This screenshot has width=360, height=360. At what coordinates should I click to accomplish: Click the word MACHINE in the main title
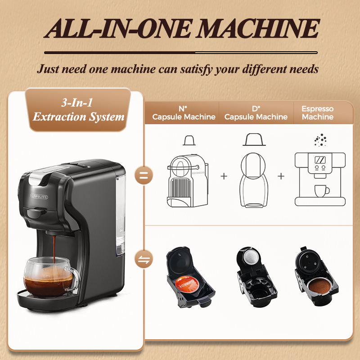click(x=257, y=28)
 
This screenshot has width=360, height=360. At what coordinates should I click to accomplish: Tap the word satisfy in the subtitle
click(x=196, y=69)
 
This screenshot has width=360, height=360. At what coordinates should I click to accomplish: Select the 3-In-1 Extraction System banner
click(x=78, y=110)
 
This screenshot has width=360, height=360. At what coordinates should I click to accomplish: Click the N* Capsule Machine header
click(x=184, y=113)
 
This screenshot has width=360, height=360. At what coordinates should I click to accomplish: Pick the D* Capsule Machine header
click(x=256, y=113)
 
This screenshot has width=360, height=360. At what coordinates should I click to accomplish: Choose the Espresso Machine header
click(x=318, y=113)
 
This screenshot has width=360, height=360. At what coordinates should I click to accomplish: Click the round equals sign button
click(x=144, y=175)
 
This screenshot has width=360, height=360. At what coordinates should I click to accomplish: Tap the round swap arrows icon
click(x=144, y=259)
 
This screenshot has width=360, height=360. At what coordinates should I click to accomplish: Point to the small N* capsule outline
click(x=189, y=140)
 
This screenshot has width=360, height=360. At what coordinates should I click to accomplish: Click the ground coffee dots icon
click(x=320, y=140)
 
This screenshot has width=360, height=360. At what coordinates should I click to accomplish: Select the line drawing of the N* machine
click(x=188, y=181)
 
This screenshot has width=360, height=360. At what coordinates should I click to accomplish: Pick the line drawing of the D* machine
click(x=253, y=180)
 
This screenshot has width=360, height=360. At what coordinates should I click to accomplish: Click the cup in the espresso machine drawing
click(x=321, y=191)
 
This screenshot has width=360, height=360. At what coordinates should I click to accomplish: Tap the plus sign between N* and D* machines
click(x=224, y=176)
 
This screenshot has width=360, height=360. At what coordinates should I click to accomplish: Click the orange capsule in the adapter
click(x=187, y=284)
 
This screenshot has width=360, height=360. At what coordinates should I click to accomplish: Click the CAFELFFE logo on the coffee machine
click(x=39, y=196)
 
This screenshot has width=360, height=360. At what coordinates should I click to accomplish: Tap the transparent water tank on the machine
click(x=121, y=215)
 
